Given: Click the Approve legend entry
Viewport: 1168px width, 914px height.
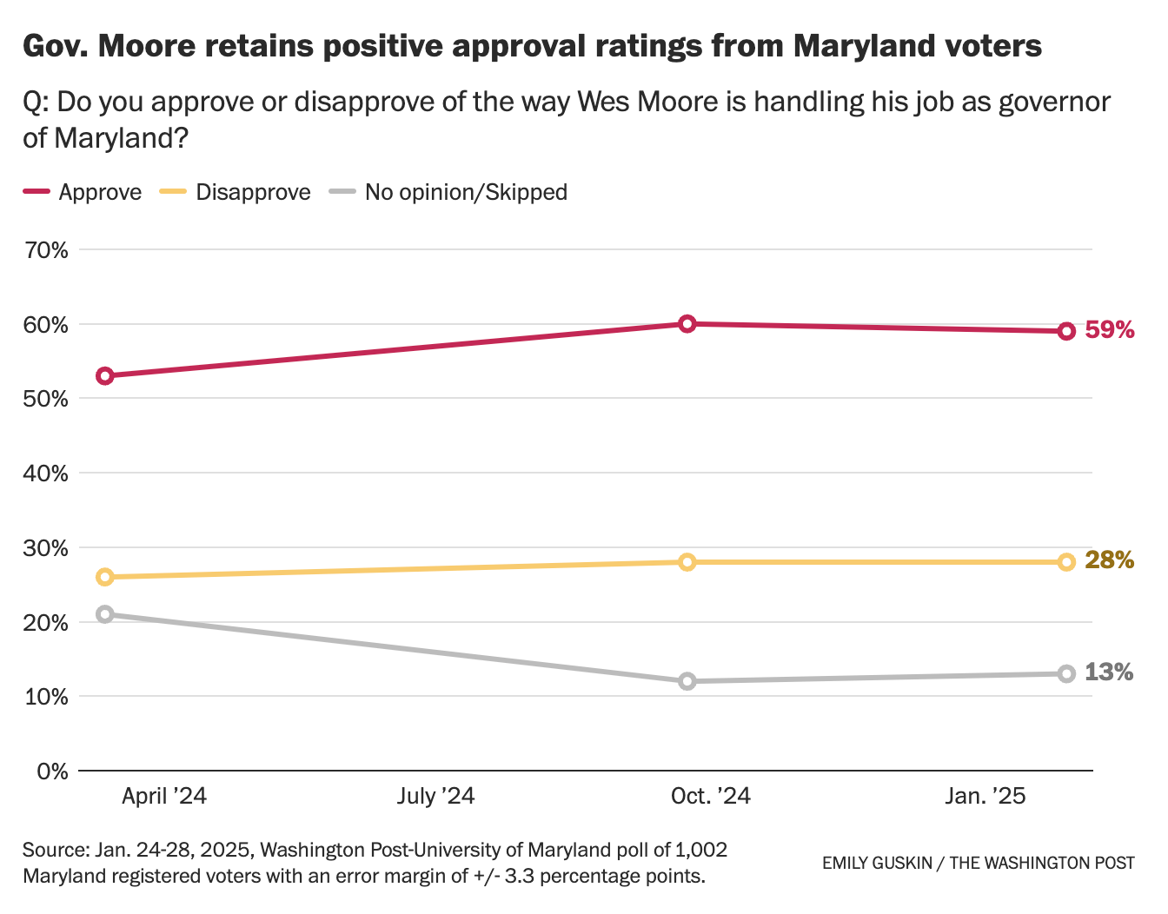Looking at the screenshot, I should pyautogui.click(x=83, y=192).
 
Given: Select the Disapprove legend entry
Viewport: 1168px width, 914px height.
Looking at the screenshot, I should pyautogui.click(x=236, y=192).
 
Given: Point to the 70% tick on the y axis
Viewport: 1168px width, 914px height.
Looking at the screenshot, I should pyautogui.click(x=47, y=250).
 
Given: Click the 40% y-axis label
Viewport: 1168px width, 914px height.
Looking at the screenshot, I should pyautogui.click(x=47, y=474).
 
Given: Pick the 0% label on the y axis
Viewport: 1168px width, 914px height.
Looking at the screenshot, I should pyautogui.click(x=52, y=772).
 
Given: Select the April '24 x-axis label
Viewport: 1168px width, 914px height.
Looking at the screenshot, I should pyautogui.click(x=164, y=796).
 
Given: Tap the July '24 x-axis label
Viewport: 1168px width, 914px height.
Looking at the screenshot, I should pyautogui.click(x=436, y=796).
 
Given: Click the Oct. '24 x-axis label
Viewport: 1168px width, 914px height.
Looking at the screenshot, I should pyautogui.click(x=711, y=796).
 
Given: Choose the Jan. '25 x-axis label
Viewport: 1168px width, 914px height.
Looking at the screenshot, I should pyautogui.click(x=985, y=796).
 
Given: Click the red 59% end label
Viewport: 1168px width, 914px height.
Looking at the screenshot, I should pyautogui.click(x=1110, y=330).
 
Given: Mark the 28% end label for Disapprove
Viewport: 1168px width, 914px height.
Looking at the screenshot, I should pyautogui.click(x=1110, y=560).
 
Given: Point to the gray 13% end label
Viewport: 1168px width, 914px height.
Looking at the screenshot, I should pyautogui.click(x=1109, y=672).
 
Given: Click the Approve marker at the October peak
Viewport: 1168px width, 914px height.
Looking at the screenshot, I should pyautogui.click(x=687, y=324).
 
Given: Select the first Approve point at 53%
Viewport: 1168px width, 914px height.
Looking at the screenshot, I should pyautogui.click(x=105, y=376).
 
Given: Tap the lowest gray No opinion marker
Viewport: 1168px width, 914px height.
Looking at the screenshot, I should pyautogui.click(x=687, y=681).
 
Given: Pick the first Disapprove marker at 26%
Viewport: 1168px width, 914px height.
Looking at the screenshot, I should pyautogui.click(x=105, y=577).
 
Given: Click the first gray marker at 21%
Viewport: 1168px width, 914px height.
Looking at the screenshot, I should pyautogui.click(x=105, y=614).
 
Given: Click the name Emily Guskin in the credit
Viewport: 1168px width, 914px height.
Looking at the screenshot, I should pyautogui.click(x=877, y=863).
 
